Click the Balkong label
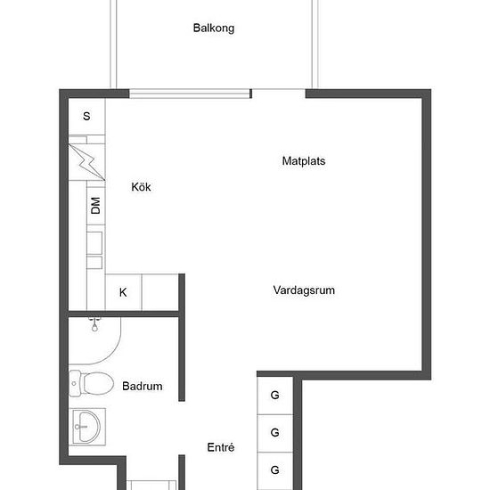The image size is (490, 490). click(x=214, y=29)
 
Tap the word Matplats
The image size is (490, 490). click(x=304, y=161)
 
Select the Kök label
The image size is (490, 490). click(x=141, y=187)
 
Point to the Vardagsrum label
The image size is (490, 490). click(x=304, y=290)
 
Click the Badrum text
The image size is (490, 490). click(x=143, y=387)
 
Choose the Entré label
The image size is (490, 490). click(x=221, y=447)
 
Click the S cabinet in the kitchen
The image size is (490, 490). click(x=86, y=117)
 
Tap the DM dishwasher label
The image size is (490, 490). click(x=95, y=206)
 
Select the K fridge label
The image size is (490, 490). click(x=123, y=292)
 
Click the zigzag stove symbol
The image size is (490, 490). click(x=86, y=162)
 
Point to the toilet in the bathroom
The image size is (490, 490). click(x=91, y=383)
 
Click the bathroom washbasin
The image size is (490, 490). click(x=87, y=427)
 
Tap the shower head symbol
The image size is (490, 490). click(x=94, y=324)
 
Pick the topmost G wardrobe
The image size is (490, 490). click(x=275, y=396)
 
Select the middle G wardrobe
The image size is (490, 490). click(x=275, y=433)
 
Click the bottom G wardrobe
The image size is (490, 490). click(x=275, y=470)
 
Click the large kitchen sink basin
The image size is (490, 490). click(x=94, y=243)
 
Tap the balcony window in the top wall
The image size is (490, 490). click(x=190, y=94)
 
